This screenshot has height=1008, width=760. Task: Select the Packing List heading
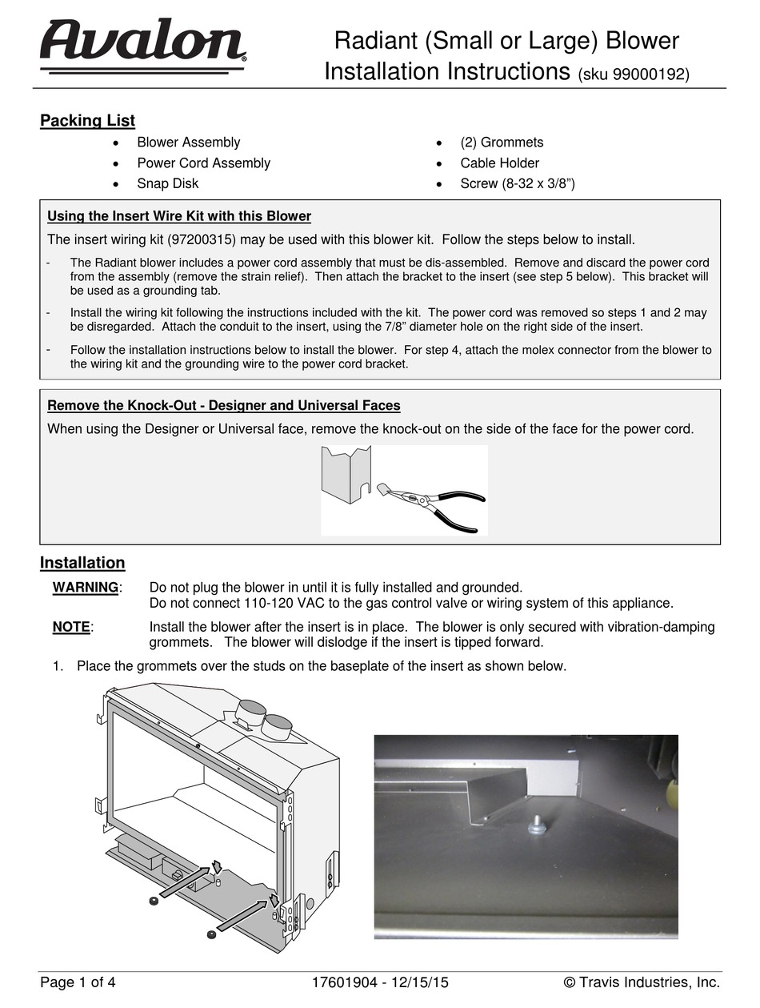click(87, 121)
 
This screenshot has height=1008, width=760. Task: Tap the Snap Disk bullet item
click(167, 183)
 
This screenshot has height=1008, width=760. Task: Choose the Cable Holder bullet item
click(499, 163)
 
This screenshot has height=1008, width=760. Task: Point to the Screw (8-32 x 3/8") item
click(518, 183)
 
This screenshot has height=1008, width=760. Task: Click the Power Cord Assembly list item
click(203, 163)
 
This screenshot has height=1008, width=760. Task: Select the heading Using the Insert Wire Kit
click(179, 216)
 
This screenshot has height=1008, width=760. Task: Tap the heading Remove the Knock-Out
click(224, 405)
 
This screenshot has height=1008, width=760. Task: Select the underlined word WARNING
click(86, 588)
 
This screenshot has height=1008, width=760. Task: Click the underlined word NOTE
click(71, 627)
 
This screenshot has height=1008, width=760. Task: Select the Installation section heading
click(82, 563)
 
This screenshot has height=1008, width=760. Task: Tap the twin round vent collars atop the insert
click(263, 717)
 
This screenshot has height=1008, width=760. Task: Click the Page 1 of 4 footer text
click(78, 982)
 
